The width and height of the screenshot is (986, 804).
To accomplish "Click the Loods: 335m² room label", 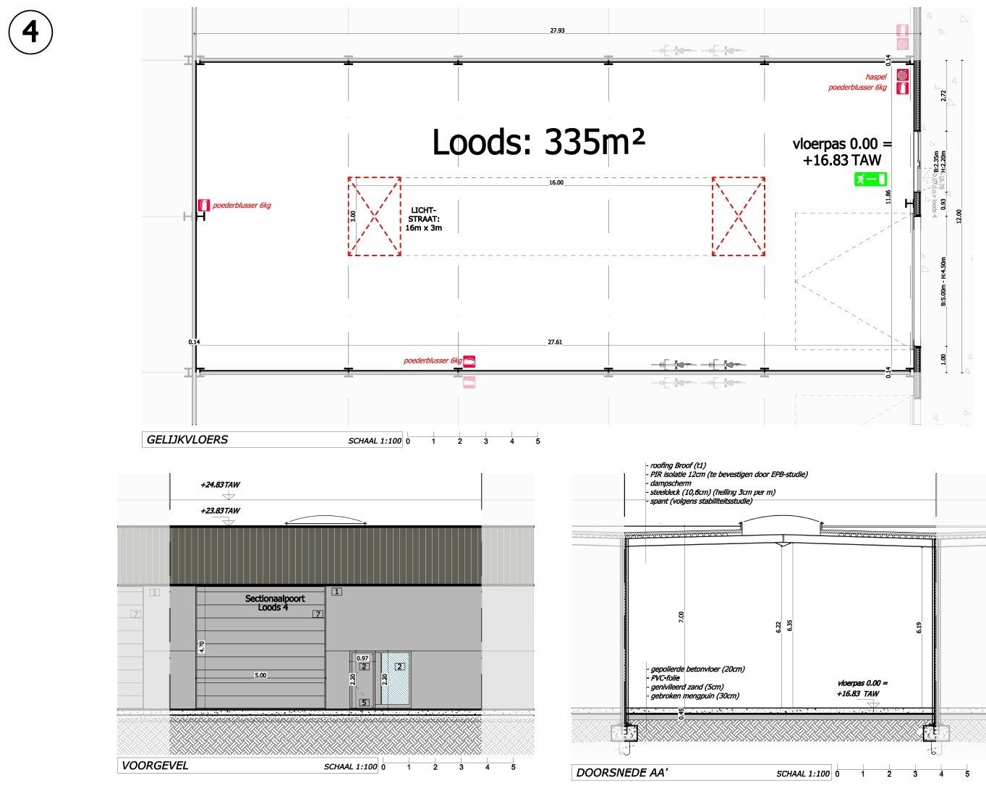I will [537, 142].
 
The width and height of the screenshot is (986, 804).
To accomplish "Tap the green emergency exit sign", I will [870, 178].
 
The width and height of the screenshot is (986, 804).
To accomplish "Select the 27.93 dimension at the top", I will [557, 30].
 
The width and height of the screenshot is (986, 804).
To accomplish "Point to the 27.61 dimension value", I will [555, 342].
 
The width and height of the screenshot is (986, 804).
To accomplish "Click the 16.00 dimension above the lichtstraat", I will [556, 182].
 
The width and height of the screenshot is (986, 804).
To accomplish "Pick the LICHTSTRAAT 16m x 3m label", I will [423, 219].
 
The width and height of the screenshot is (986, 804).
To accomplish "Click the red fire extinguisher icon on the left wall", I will [204, 206].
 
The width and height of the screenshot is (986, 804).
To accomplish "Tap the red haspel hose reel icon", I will [902, 75].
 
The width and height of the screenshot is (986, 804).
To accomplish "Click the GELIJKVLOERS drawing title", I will [187, 439].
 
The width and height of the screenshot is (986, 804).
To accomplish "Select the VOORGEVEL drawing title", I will [155, 766].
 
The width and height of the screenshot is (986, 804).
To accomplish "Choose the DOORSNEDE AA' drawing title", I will [621, 773].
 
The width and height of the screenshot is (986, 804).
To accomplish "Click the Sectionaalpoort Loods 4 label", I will [275, 603].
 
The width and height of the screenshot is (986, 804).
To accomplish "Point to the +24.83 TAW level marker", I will [221, 485].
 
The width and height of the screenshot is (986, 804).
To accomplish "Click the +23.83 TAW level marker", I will [221, 511].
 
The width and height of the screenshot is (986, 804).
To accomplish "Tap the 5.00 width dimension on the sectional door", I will [260, 675].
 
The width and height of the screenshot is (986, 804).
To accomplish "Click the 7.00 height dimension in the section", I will [681, 617].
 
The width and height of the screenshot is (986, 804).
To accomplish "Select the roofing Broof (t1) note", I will [678, 465].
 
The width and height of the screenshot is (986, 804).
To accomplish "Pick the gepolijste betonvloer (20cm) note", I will [697, 669].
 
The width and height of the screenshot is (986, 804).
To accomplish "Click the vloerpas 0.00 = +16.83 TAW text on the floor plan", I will [841, 152].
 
